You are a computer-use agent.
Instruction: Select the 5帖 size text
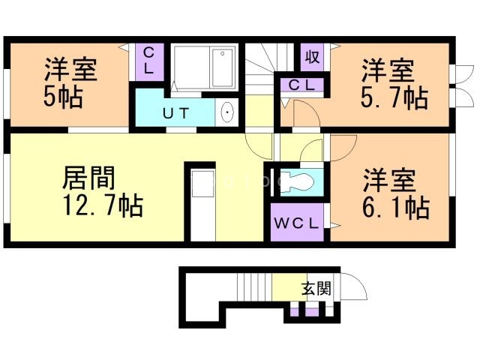(x=63, y=96)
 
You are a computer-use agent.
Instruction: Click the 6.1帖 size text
(x=395, y=206)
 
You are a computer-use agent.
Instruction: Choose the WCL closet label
(x=297, y=223)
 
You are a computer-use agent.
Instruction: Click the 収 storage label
(x=312, y=56)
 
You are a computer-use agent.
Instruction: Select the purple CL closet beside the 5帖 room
(x=149, y=61)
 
